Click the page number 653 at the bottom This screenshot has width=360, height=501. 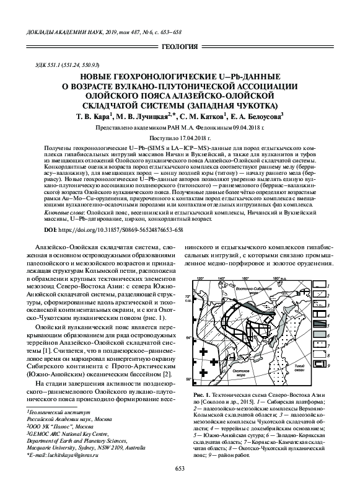(180, 485)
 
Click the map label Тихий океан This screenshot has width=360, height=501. (300, 355)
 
